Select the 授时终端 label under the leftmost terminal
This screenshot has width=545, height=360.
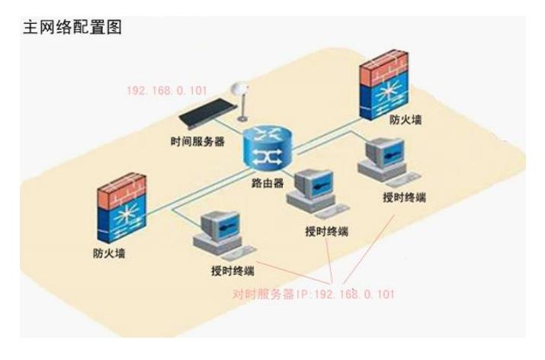232,271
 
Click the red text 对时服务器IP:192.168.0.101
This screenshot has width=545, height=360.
313,294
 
